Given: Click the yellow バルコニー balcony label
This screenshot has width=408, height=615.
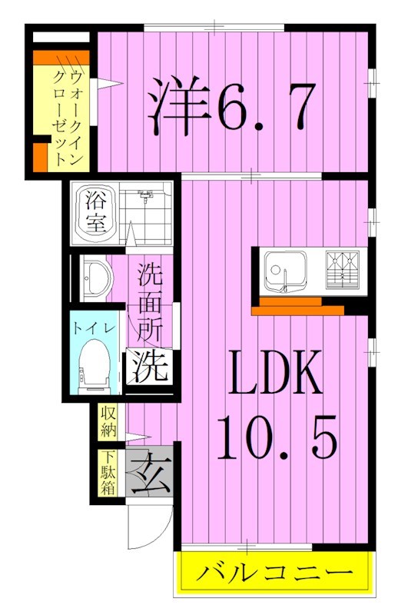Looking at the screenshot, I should click(x=276, y=573).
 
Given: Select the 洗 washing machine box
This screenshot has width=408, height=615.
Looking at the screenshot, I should click(x=148, y=368).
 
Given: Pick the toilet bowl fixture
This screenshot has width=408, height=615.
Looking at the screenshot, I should click(x=97, y=362).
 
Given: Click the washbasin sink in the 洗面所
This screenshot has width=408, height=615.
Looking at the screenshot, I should click(x=95, y=278).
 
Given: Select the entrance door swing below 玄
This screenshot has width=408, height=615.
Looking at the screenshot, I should click(x=146, y=530).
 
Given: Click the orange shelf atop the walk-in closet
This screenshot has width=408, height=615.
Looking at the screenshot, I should click(x=61, y=57).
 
